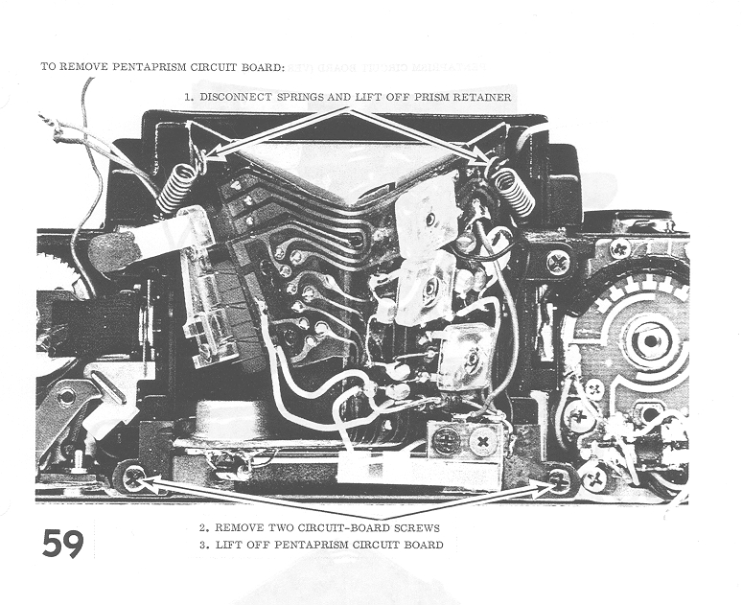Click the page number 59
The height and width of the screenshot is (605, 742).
pos(63,544)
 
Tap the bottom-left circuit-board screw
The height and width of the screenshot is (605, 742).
pos(133,477)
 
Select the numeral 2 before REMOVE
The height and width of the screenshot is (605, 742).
pos(203,528)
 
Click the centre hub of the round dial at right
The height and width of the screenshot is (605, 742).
pos(650,340)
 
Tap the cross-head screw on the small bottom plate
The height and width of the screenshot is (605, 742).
pos(482,443)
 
